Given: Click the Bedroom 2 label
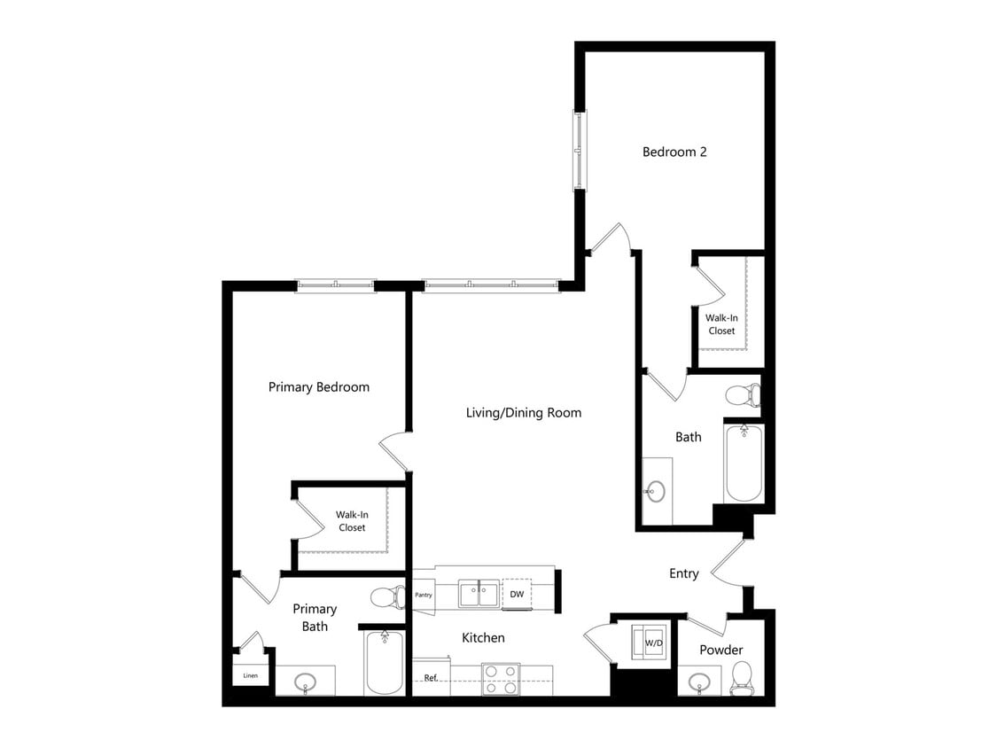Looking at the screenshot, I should click(674, 152).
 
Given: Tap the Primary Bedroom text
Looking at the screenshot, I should click(319, 387).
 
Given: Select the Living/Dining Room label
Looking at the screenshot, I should click(524, 412).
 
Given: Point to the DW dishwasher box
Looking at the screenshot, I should click(516, 594).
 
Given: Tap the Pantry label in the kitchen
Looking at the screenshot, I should click(423, 595).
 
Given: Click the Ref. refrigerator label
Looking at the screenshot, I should click(431, 678).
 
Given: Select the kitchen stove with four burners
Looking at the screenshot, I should click(501, 679).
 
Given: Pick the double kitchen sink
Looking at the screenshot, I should click(479, 593).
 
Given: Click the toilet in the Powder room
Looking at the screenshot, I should click(741, 681).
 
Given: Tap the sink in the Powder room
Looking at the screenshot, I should click(699, 682).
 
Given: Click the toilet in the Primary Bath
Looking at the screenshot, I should click(387, 596).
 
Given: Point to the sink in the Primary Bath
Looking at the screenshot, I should click(306, 682).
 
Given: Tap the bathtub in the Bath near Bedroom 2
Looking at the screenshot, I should click(743, 464).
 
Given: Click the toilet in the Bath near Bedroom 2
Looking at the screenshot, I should click(743, 394).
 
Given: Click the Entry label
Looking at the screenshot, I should click(683, 573).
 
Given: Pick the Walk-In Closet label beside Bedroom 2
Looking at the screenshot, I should click(720, 323).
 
